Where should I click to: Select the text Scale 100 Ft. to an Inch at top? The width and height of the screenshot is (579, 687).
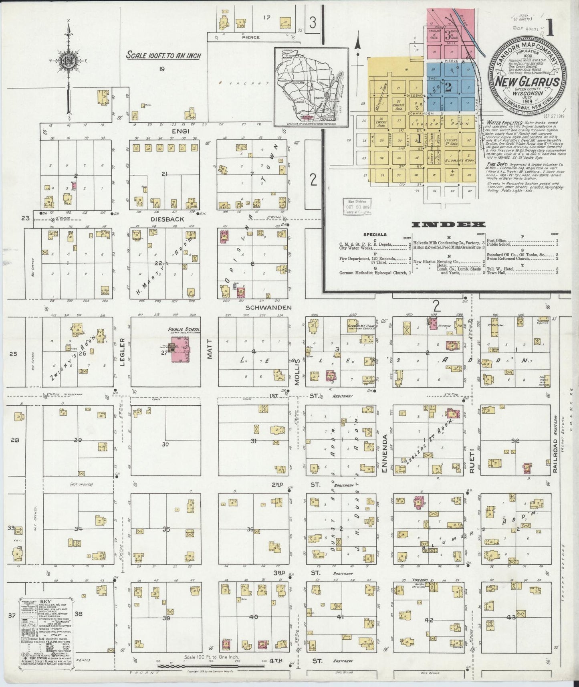point(163,55)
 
